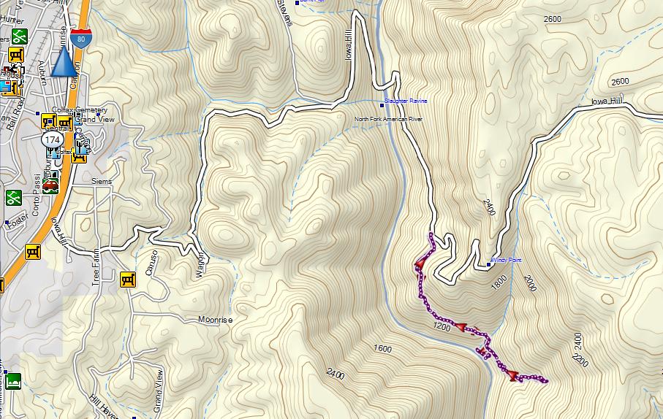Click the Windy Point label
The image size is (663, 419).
506,260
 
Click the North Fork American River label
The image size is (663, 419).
388,119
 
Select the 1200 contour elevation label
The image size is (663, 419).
442,326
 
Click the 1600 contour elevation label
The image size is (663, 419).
382,349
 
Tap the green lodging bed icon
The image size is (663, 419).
13,381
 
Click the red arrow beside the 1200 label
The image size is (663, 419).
462,327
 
